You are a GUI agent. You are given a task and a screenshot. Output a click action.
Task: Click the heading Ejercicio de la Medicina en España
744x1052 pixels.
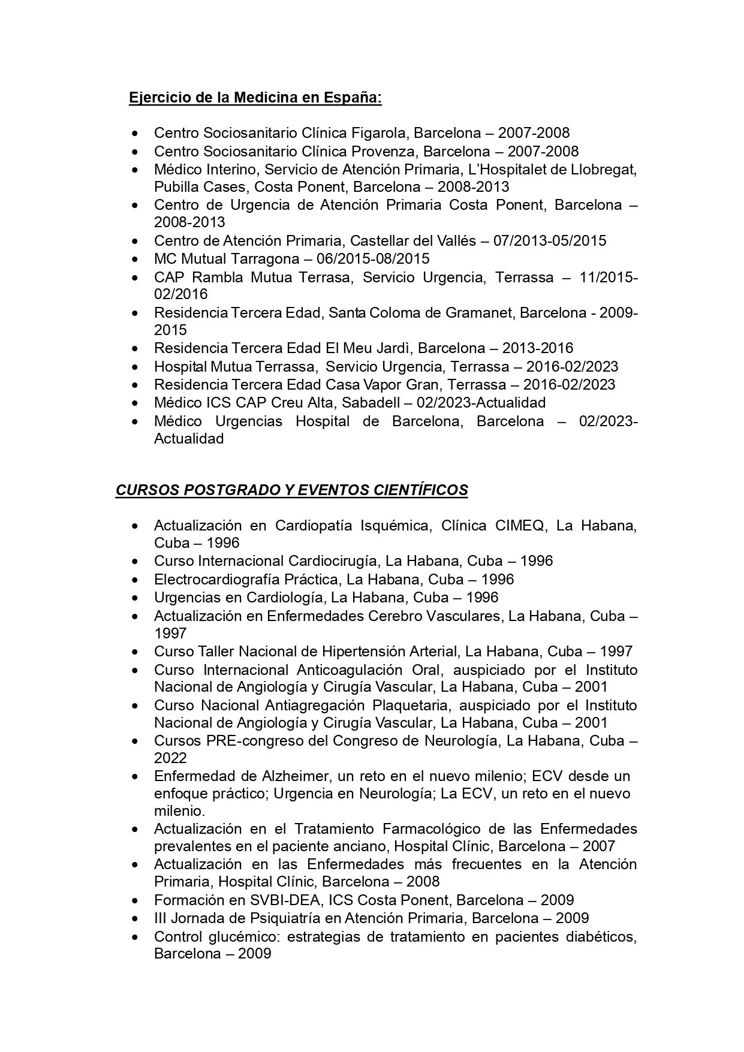[x=255, y=98]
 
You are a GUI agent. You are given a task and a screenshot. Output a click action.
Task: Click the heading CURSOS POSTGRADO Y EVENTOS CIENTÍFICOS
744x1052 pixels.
[x=291, y=490]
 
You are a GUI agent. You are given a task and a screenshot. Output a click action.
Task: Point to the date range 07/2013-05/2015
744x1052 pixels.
[x=550, y=241]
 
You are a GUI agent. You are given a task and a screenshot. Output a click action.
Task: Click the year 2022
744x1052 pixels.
[x=170, y=758]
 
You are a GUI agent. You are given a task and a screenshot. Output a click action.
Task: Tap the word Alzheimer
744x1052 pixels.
[x=290, y=776]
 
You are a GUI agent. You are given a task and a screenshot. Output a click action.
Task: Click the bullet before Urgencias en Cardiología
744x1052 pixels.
[x=137, y=598]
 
